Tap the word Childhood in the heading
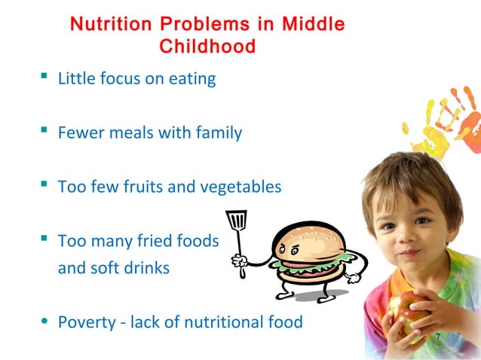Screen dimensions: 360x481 point(207,47)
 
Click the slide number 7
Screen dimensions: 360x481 point(437,335)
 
